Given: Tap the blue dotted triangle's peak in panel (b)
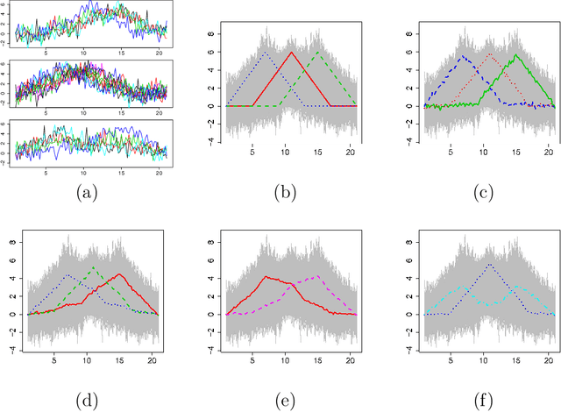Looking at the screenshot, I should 266,52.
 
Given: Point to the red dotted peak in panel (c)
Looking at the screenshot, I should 490,54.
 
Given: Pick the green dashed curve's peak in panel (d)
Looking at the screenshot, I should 95,267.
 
